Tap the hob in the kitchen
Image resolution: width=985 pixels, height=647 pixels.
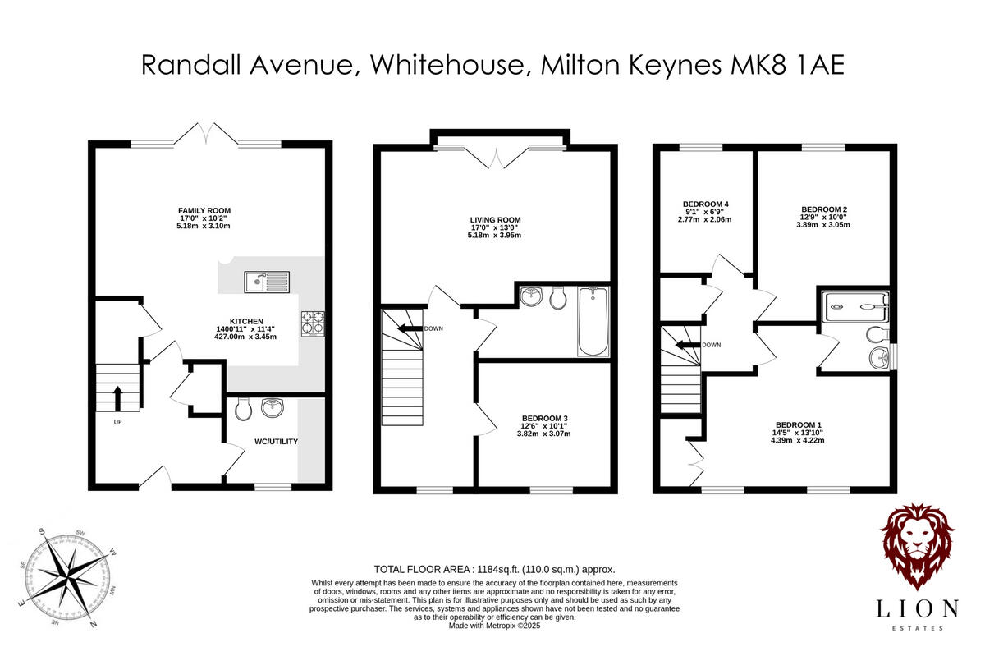pos(313,323)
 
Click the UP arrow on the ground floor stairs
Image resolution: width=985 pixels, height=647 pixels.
pos(116,398)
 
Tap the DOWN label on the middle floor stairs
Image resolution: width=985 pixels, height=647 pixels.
pos(434,329)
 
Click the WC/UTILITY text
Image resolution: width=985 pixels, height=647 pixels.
pos(275,442)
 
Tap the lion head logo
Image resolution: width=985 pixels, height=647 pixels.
pos(917,546)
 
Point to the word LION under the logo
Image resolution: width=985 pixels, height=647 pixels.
pos(917,608)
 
